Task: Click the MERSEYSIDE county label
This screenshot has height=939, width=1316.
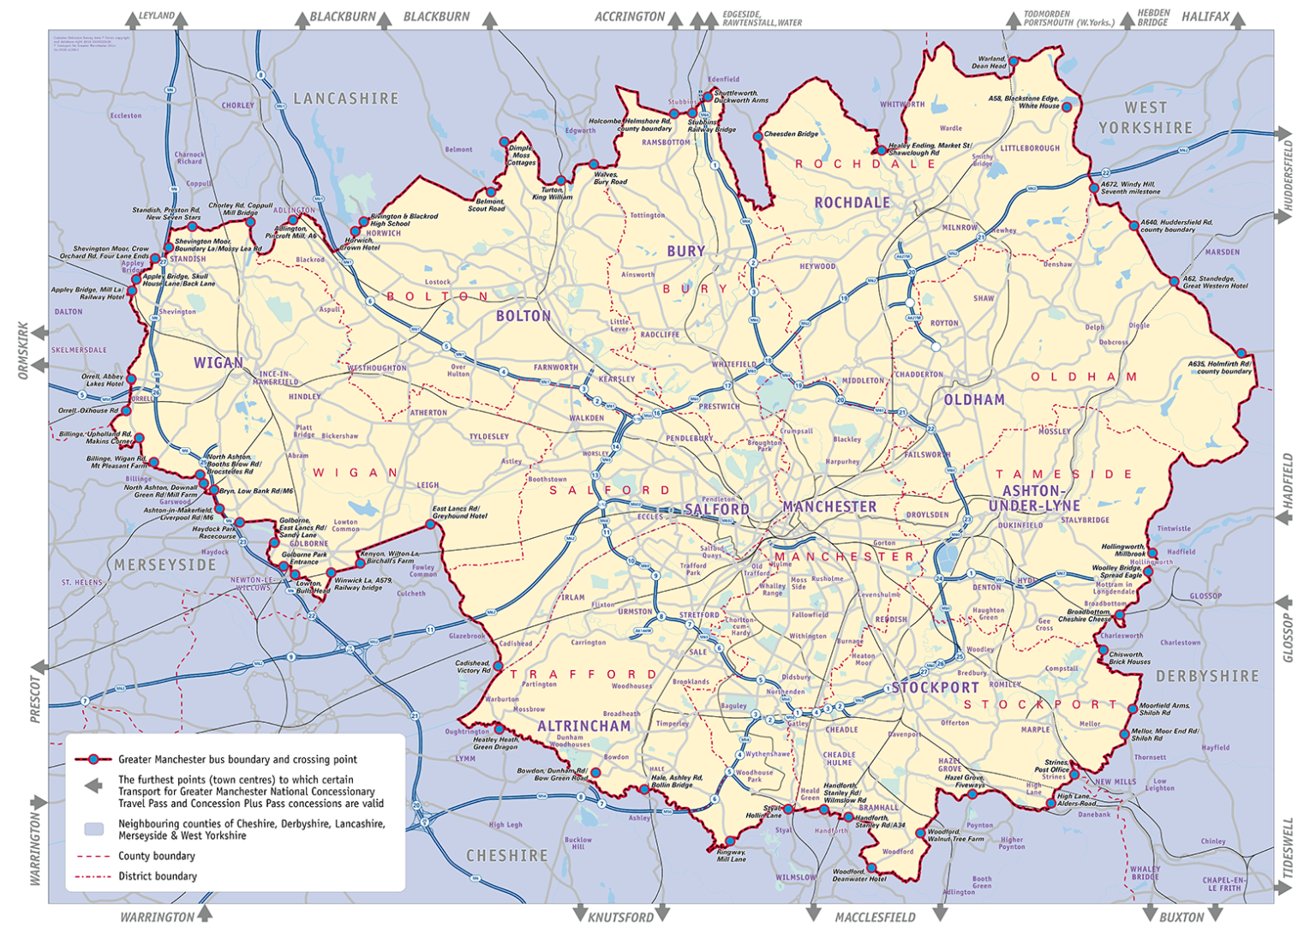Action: (165, 565)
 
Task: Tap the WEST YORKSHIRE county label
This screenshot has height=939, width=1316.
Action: (1146, 118)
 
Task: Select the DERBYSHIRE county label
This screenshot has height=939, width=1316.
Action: (1207, 676)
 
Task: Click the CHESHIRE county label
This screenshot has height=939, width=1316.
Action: (507, 855)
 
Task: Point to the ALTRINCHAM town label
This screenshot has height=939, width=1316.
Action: (584, 726)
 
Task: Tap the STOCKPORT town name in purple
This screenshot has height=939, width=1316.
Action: (935, 687)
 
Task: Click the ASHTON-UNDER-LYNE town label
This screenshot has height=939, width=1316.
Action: (1034, 498)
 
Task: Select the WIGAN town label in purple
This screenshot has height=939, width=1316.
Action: (218, 362)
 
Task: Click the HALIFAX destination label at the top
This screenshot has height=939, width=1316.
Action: (1205, 16)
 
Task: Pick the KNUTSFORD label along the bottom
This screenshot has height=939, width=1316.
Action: (620, 917)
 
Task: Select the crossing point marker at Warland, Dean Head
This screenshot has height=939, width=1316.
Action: (1014, 62)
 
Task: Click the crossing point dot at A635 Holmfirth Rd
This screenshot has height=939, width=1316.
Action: (1241, 353)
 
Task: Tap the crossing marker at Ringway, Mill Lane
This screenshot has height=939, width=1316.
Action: (730, 840)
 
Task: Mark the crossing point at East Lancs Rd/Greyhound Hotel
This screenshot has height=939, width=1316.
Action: (432, 523)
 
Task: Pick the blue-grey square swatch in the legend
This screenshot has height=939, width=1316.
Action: (94, 829)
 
